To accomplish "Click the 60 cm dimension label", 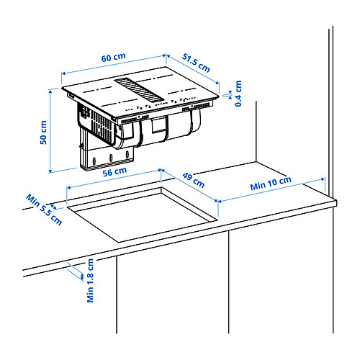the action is click(x=113, y=58).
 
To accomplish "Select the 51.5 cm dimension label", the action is click(x=196, y=63).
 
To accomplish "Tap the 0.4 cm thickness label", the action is click(x=238, y=94).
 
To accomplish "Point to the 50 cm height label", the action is click(x=43, y=132).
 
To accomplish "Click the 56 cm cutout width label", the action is click(x=114, y=172).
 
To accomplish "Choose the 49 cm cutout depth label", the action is click(x=193, y=180).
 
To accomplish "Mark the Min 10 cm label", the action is click(x=271, y=184).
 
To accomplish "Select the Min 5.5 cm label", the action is click(x=44, y=210).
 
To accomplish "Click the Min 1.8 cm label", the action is click(x=90, y=280).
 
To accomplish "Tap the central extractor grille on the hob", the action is click(x=138, y=90).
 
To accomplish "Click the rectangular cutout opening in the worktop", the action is click(x=142, y=215).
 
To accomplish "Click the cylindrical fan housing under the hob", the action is click(x=158, y=131).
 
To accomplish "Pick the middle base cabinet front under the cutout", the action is click(x=172, y=288).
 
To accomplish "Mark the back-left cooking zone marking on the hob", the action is click(x=97, y=90).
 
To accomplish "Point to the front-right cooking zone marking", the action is click(x=182, y=91).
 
